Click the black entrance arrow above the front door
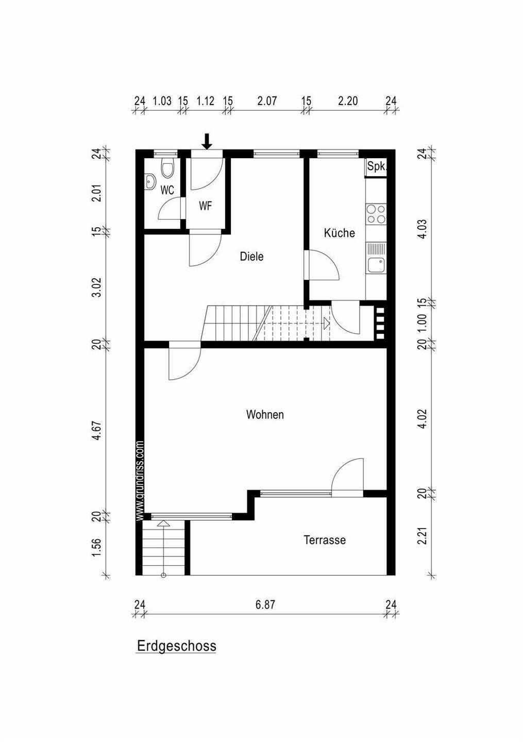207,141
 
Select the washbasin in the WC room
150,181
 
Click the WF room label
206,206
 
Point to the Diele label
251,256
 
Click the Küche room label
340,232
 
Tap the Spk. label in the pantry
377,166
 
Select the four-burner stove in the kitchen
376,214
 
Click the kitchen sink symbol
376,265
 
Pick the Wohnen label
265,414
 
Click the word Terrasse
325,540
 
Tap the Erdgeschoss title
176,646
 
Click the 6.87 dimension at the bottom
265,604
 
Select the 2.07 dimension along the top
267,100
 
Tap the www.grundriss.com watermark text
140,480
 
